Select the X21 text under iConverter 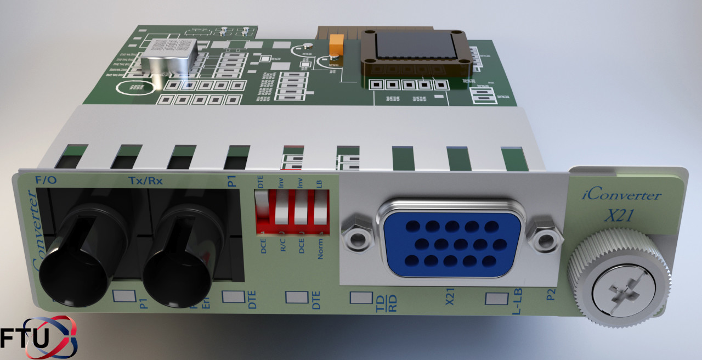click(x=619, y=216)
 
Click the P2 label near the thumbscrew click(x=552, y=297)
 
